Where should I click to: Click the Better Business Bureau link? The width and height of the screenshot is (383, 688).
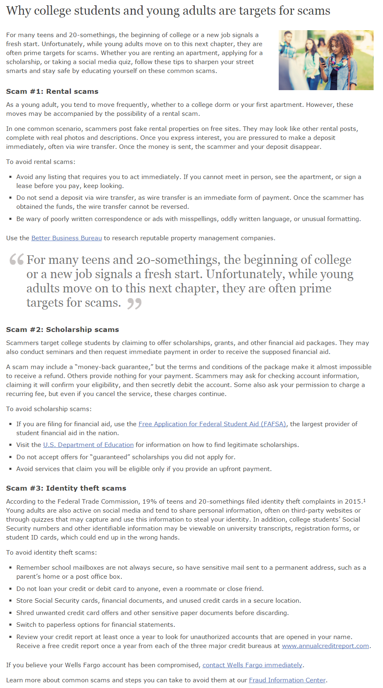coord(66,238)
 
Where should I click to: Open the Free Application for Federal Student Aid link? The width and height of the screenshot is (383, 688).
coord(212,424)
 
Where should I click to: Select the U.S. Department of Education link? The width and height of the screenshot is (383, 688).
coord(88,445)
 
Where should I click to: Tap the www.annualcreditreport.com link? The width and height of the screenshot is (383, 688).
coord(325,646)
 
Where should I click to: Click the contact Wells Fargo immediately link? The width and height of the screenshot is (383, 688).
coord(252,665)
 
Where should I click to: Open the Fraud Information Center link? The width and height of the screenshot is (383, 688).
coord(287,680)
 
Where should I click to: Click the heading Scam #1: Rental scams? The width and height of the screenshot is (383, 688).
coord(52,91)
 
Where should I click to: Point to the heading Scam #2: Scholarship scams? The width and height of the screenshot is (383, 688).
coord(62,330)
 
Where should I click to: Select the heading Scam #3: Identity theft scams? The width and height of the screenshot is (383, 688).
coord(66,488)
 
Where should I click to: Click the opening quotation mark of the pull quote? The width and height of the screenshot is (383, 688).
coord(17,259)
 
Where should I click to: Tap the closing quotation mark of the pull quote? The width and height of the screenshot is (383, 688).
coord(134,303)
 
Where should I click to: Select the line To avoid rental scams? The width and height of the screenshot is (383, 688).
coord(41,162)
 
